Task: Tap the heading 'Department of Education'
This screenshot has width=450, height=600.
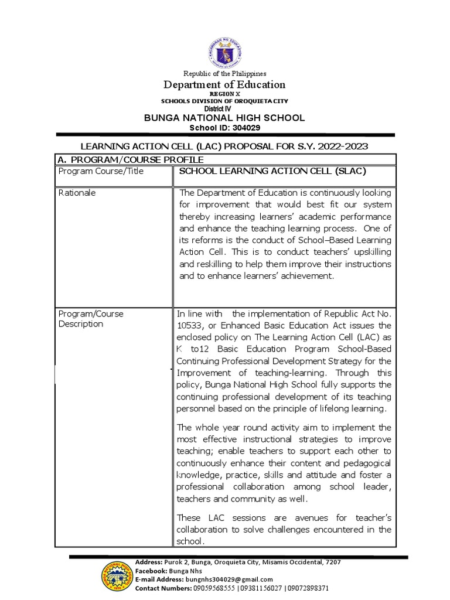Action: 225,84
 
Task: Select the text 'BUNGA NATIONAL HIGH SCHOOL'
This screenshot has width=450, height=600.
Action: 225,118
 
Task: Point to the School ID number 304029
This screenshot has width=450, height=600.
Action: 246,128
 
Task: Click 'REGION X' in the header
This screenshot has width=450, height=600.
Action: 225,94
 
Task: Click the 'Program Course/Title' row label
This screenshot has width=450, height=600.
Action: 101,171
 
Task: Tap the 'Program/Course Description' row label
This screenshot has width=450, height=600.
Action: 91,319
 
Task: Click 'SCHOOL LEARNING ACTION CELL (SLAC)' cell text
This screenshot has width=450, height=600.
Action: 272,171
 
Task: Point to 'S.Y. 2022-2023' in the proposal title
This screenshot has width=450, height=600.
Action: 336,146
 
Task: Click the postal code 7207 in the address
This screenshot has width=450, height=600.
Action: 332,562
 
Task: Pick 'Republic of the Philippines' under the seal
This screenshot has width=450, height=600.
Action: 225,74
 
